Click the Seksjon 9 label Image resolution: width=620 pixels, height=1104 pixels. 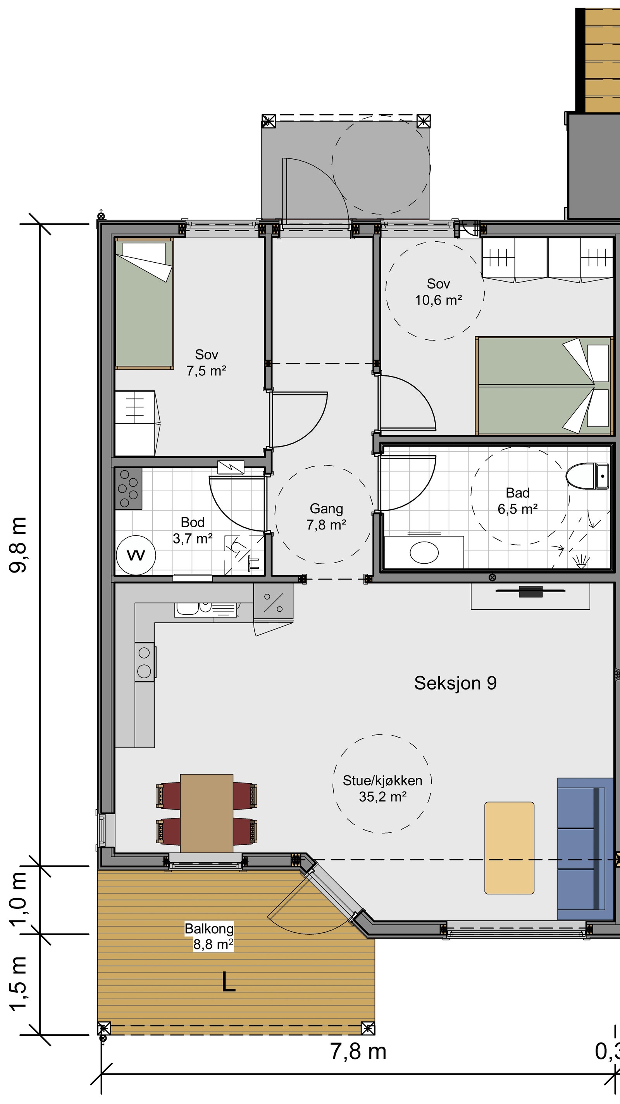coord(455,683)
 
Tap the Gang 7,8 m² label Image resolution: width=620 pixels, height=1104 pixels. coord(326,516)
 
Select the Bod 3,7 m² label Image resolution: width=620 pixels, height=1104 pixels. coord(193,530)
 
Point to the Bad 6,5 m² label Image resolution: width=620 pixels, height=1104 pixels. coord(518,501)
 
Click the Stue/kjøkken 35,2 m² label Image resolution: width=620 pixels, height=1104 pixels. coord(382,789)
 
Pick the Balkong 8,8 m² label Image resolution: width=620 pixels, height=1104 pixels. coord(209,936)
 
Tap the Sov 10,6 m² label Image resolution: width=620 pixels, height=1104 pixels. coord(438,292)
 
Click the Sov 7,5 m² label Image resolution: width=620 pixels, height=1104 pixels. coord(206,362)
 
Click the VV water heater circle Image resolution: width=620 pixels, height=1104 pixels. coord(136,555)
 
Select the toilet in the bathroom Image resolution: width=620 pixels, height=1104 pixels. coord(587,476)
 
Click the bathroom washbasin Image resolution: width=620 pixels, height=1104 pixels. coord(424,552)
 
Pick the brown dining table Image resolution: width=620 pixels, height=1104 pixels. coord(207,813)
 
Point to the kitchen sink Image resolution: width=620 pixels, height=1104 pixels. coord(205,609)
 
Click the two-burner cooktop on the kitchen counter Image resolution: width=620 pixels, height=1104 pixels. coord(145,662)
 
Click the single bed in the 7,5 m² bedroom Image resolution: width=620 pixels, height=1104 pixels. coord(144,304)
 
